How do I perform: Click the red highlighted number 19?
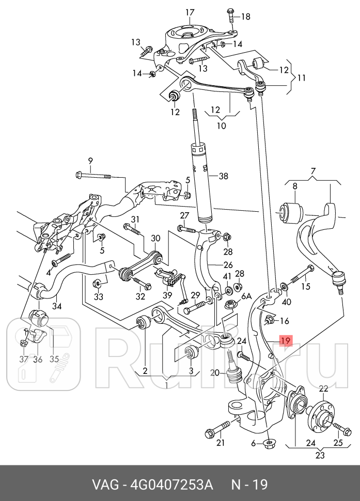point(286,341)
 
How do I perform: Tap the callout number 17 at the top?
point(190,12)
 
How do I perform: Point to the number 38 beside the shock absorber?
point(223,176)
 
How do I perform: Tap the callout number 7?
point(313,171)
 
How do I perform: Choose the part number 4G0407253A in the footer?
point(171,485)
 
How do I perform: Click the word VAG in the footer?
point(104,485)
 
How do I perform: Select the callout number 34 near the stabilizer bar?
point(56,306)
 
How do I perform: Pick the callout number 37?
point(23,359)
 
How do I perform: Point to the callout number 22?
point(323,388)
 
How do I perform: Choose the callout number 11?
point(302,78)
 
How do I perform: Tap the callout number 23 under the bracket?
point(320,456)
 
